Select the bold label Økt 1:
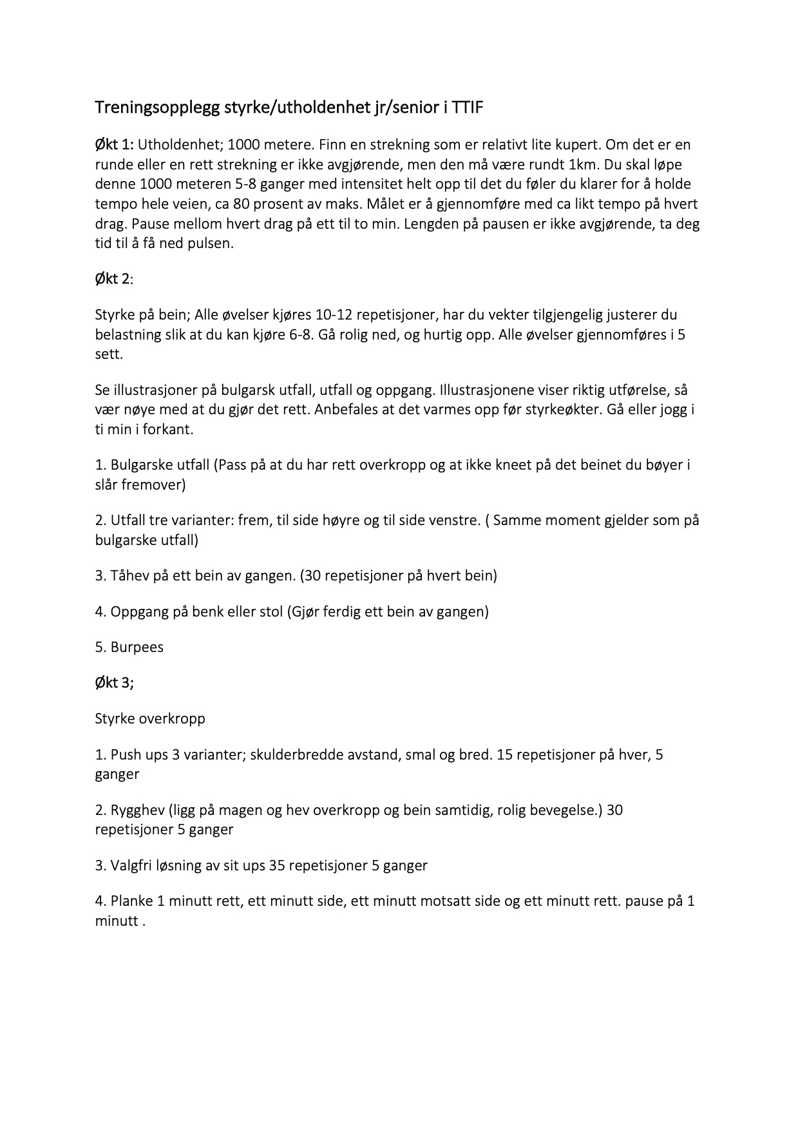click(115, 144)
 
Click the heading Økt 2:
click(113, 279)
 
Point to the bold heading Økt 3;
click(114, 682)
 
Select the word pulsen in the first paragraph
click(210, 244)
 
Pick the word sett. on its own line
click(108, 354)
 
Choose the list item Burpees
click(137, 647)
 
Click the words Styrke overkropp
click(150, 718)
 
